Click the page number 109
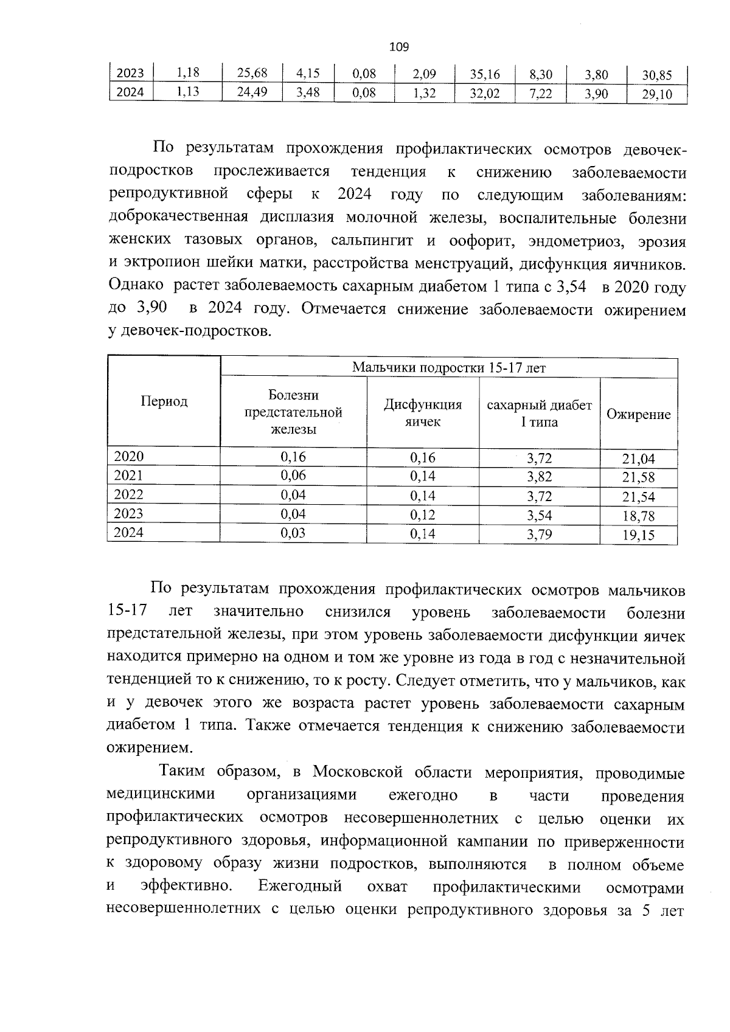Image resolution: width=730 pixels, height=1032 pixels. click(x=398, y=47)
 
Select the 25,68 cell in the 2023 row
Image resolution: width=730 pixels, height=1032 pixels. click(x=252, y=74)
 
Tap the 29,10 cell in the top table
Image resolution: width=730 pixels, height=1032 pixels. click(x=657, y=95)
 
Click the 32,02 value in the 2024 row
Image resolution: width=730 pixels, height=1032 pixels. click(x=485, y=94)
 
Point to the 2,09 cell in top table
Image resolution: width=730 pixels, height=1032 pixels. click(x=424, y=74)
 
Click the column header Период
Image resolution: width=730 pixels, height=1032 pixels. click(x=164, y=401)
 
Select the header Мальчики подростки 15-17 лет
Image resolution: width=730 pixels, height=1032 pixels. click(x=449, y=367)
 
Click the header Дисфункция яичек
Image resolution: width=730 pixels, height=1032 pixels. click(x=423, y=413)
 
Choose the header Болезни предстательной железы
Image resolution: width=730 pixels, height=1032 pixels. click(x=293, y=412)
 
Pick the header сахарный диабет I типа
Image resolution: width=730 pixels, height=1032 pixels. click(x=539, y=414)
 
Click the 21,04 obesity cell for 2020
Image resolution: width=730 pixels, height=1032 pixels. click(x=638, y=459)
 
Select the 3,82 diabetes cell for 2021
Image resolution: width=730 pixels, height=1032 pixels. click(x=539, y=477)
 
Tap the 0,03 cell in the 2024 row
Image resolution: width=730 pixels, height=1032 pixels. click(x=293, y=533)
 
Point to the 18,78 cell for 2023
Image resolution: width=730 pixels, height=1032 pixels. click(x=638, y=516)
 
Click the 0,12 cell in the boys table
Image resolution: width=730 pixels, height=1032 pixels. click(x=423, y=514)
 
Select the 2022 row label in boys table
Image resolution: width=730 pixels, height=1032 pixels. click(x=129, y=494)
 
